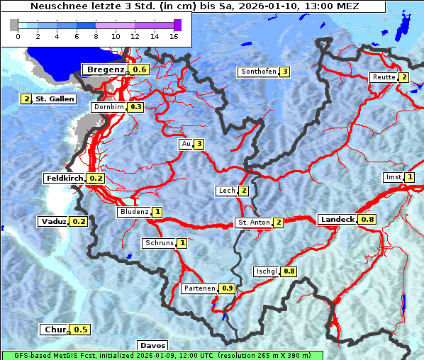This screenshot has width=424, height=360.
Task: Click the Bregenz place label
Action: pos(105,69)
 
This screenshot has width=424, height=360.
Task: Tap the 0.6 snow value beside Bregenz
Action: pos(140,69)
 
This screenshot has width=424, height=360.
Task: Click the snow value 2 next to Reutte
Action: pos(403,77)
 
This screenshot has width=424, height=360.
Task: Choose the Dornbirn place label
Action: pos(108,107)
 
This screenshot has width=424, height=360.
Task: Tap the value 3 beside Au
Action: pos(200,145)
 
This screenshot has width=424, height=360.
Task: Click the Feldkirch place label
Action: pos(65,179)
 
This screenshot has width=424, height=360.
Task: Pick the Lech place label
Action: pos(226,191)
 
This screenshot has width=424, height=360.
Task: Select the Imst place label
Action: pos(393,177)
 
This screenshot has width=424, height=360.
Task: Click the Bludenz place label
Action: pos(133,212)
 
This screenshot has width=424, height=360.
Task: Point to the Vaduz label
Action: pos(53,222)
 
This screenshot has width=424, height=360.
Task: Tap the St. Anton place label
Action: pos(253,223)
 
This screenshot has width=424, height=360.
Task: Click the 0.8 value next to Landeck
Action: pos(367,220)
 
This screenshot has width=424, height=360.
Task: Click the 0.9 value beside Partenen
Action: pos(228,288)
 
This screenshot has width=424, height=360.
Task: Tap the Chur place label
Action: pos(55,330)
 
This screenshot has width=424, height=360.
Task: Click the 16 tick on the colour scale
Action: pos(174,36)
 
